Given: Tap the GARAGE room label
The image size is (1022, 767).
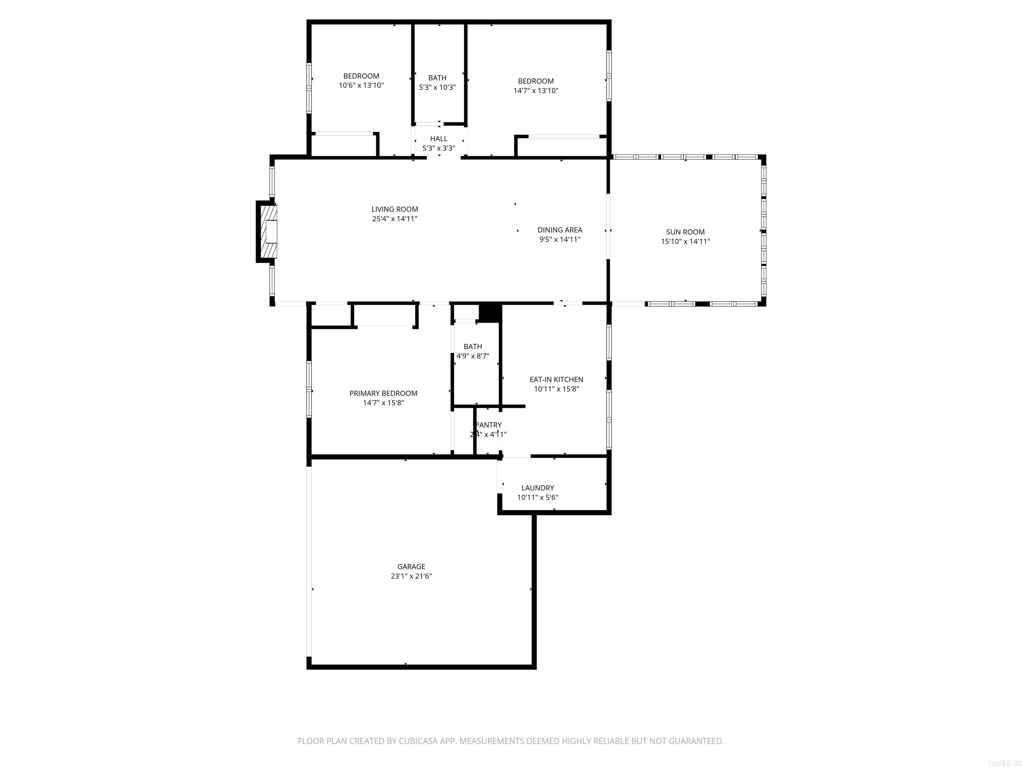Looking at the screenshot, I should [411, 566].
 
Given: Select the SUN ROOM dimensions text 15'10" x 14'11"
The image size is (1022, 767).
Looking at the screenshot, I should [685, 241].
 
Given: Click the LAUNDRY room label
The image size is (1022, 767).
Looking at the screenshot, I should [537, 488].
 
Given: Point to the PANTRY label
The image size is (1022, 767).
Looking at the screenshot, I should [488, 425].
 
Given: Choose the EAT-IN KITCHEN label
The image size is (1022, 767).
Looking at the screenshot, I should [556, 380].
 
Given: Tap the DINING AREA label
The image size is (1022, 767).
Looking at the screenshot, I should [560, 230].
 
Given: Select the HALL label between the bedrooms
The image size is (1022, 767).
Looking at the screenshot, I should [438, 139].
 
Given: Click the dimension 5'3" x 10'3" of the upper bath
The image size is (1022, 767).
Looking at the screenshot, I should [437, 87].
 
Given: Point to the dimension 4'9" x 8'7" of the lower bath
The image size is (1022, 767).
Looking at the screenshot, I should [473, 356].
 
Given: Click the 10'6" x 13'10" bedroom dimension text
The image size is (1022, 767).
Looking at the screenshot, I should [361, 86].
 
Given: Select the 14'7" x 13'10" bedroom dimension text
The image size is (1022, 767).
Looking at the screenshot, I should [536, 91].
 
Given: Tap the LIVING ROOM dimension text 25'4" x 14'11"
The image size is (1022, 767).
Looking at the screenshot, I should [395, 219].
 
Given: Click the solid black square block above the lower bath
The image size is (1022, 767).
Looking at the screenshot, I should [490, 313].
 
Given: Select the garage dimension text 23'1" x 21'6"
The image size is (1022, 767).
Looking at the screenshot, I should [411, 576].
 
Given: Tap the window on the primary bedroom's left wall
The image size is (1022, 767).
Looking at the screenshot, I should [309, 389].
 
